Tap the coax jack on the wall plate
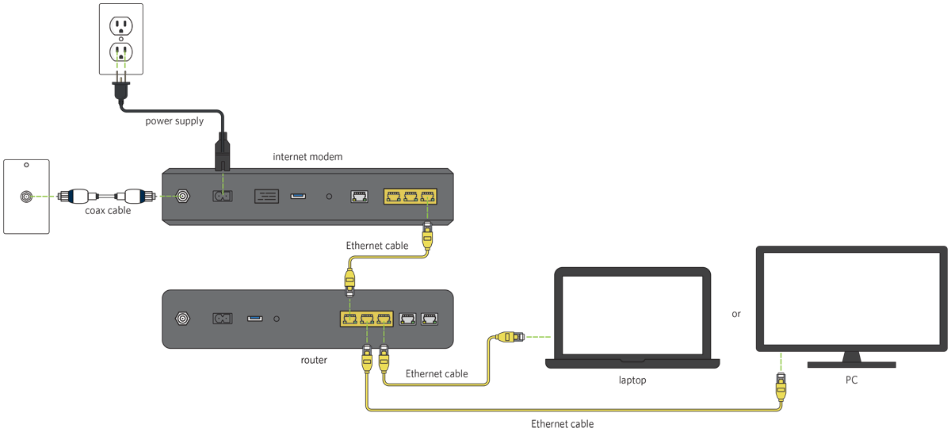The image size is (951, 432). point(26,196)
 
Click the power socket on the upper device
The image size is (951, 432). point(222,196)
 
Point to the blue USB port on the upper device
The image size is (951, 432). point(298,195)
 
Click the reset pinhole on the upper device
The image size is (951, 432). point(329,196)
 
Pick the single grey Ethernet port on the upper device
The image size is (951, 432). point(358,196)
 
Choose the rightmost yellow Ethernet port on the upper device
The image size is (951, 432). point(428,196)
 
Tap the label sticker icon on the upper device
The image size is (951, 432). point(266,196)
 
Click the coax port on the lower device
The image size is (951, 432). point(183,319)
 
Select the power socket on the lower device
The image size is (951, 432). point(222,319)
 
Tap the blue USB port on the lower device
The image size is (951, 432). point(254,319)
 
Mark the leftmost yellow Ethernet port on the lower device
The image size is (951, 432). point(349,319)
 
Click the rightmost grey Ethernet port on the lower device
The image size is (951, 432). point(430,319)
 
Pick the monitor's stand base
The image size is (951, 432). point(851,365)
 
